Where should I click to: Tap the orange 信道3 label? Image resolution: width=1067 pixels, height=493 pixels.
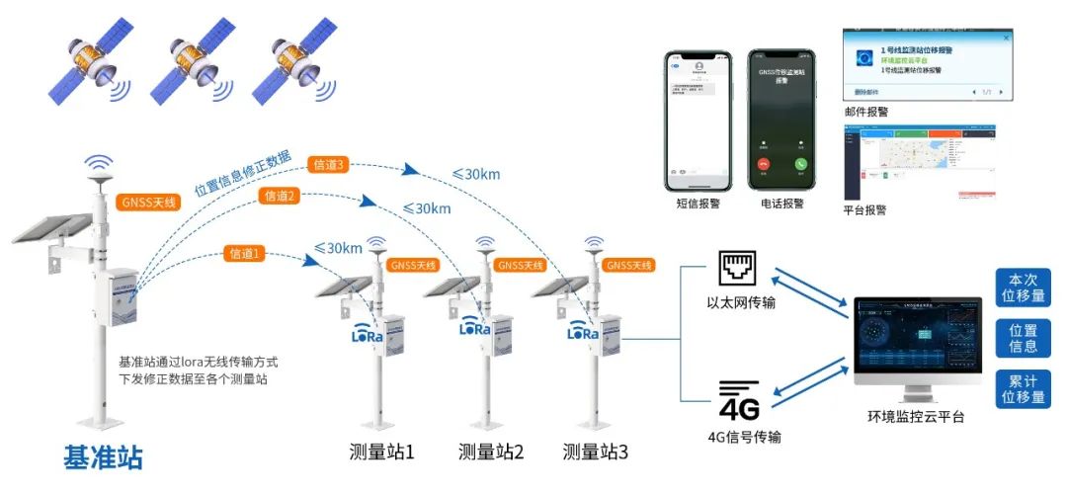pos(327,165)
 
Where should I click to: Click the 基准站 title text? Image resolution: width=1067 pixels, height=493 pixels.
pos(103,457)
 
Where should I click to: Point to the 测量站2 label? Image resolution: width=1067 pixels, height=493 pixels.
pos(491,452)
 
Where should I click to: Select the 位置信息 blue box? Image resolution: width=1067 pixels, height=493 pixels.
pos(1024,338)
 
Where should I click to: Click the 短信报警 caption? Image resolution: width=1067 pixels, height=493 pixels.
pos(697,205)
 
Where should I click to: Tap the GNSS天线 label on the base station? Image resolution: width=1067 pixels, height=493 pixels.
pos(145,202)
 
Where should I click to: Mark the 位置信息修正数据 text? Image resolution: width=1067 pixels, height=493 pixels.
pos(243,174)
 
